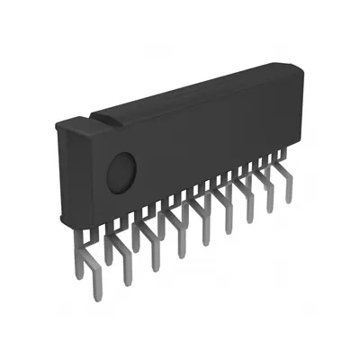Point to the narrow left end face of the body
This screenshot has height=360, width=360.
pos(58,171)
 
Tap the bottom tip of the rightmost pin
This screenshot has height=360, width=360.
pos(289,200)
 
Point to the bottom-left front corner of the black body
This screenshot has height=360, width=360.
pos(64,221)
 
